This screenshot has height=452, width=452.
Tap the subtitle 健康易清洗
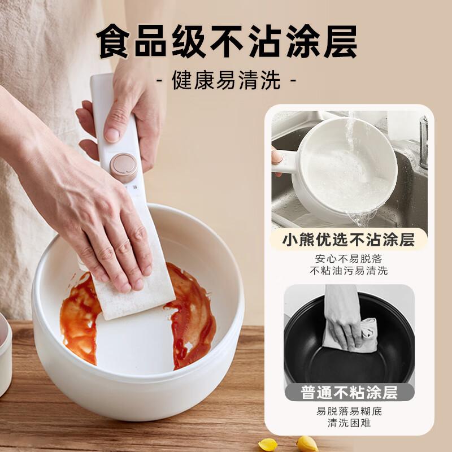point(226,81)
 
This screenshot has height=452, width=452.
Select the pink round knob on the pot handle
point(124,167)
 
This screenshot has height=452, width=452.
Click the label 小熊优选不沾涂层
point(349,240)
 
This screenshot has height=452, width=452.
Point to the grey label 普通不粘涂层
point(349,392)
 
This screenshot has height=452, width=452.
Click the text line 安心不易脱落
point(349,259)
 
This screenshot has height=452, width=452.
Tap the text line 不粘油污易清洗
point(349,271)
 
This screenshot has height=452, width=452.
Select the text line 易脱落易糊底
point(349,411)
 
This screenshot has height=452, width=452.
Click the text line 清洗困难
point(349,423)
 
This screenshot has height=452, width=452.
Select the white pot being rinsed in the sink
point(345,169)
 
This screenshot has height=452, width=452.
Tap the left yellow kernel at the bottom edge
point(267,444)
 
